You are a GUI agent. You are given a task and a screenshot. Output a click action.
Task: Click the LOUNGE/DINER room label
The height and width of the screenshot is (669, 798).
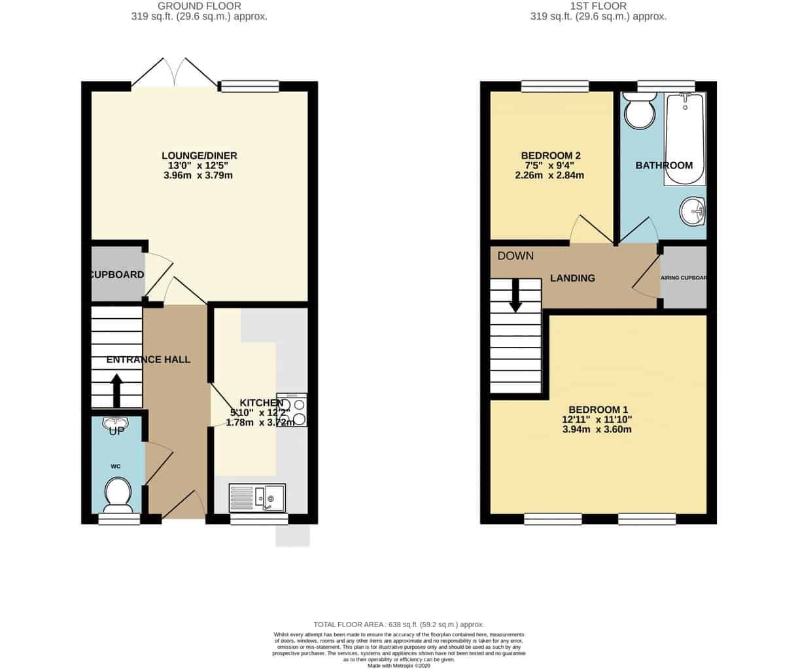coord(199,155)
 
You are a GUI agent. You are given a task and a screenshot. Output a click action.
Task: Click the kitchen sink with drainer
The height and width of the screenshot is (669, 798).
coord(258,498)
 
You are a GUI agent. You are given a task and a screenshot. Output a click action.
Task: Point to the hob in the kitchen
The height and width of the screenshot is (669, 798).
coord(292,410)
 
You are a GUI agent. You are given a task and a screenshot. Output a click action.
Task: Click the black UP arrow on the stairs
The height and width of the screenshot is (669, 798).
coord(117,390)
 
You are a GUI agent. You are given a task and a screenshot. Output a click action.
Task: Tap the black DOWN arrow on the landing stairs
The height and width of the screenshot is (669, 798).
coord(515,295)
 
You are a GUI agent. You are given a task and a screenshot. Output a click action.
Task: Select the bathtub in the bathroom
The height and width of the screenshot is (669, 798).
coord(684,139)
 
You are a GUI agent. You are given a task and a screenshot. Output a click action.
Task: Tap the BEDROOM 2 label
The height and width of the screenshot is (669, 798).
coord(551,155)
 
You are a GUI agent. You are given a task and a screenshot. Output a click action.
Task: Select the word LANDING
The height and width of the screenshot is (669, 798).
coord(572,278)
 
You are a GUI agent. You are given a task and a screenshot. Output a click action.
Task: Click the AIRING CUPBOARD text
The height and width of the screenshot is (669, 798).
coord(684,278)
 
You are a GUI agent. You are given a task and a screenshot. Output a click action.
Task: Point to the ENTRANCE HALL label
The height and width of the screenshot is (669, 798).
coord(148,359)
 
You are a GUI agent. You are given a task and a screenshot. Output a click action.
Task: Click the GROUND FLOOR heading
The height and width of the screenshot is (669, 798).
coord(199,6)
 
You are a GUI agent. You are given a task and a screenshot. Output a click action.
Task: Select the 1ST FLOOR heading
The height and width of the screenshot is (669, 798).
coord(598,6)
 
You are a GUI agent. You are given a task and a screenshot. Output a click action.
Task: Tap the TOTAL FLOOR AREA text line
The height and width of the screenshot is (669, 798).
coord(399,625)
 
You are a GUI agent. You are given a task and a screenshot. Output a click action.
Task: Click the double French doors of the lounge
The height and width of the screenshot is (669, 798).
coord(174,73)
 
